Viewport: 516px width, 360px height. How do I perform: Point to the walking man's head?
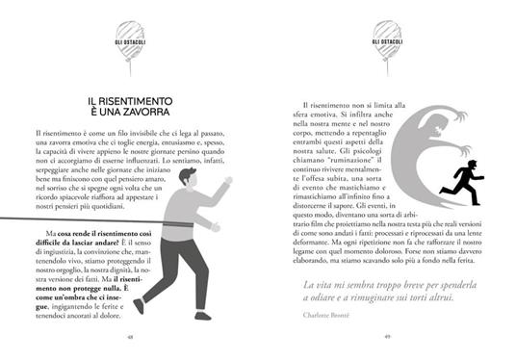click(187, 177)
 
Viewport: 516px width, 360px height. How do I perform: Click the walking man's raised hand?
click(227, 181)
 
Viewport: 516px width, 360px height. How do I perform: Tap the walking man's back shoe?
click(140, 305)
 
